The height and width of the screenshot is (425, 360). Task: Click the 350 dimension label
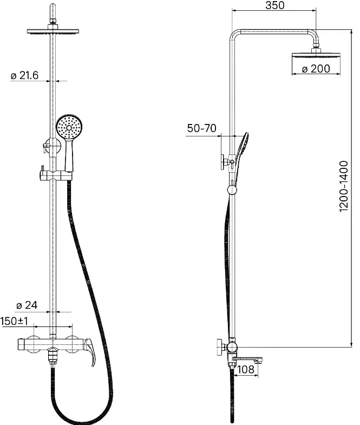tap(275, 5)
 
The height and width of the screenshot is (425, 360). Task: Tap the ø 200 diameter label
tap(316, 69)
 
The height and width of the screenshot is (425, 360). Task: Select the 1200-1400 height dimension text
tap(344, 186)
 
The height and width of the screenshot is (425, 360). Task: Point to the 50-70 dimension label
tap(202, 128)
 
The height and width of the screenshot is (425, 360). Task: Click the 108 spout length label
tap(246, 369)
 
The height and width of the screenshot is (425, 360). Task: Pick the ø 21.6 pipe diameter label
tap(25, 75)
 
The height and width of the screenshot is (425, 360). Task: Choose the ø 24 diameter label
tap(27, 305)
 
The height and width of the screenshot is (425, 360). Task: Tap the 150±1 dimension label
tap(15, 321)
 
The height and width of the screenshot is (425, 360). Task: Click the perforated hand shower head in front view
tap(69, 127)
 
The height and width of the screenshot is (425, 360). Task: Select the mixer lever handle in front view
tap(90, 351)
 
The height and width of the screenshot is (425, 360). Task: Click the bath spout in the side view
tap(247, 360)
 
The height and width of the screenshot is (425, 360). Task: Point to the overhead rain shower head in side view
tap(316, 55)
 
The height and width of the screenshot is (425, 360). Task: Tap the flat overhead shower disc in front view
tap(53, 32)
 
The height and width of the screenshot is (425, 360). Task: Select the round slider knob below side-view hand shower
tap(232, 190)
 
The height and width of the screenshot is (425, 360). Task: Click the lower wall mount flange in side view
tap(221, 347)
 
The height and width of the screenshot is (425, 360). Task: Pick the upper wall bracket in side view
tap(224, 162)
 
